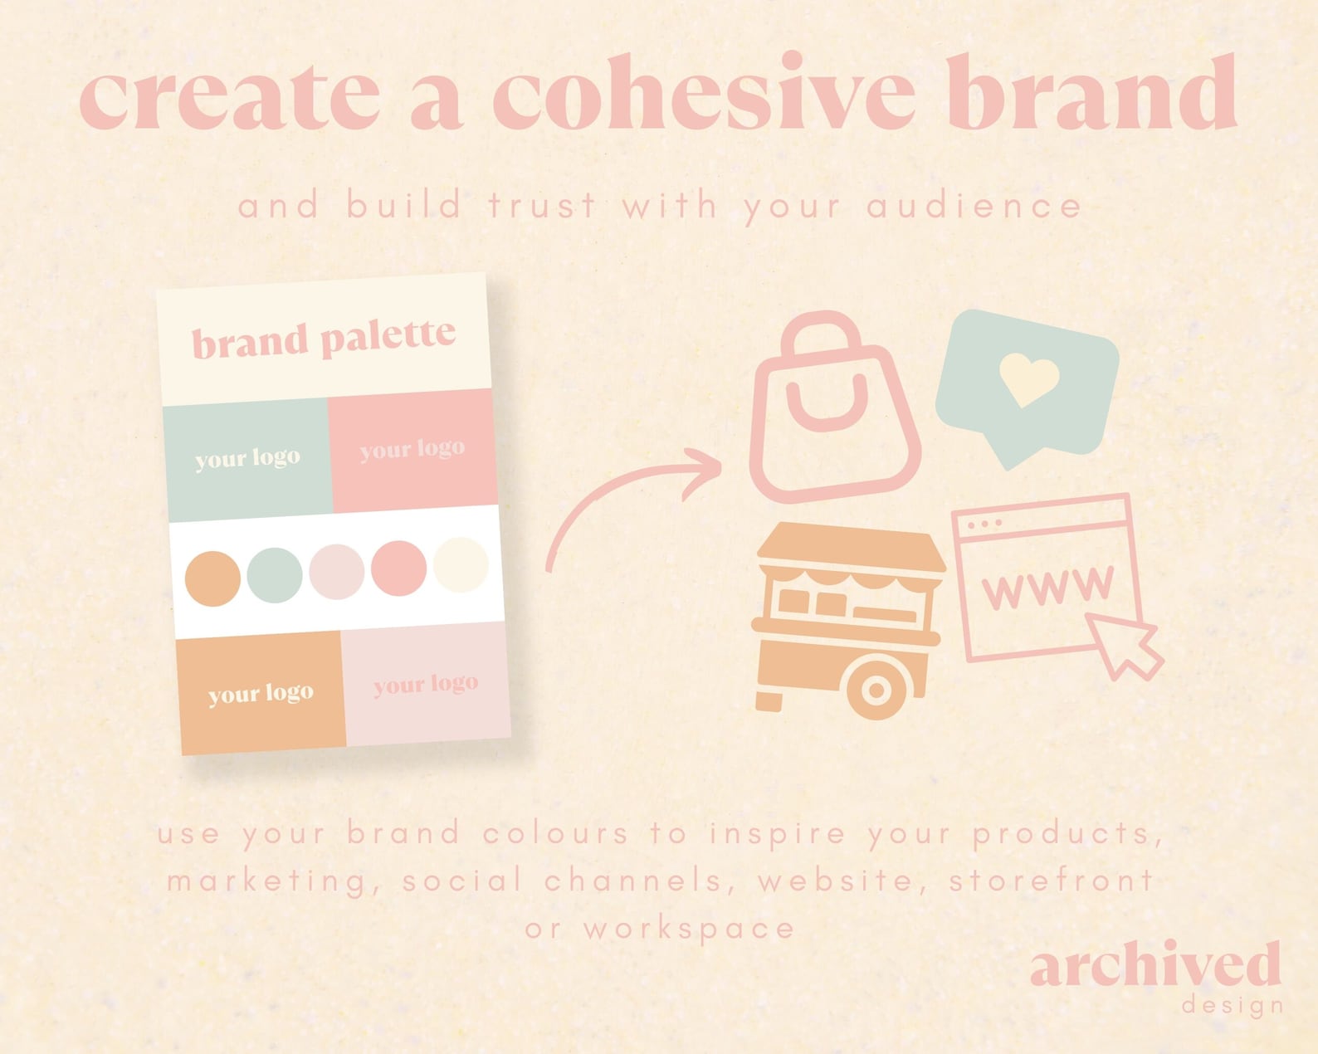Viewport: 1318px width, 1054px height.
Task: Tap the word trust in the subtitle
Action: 542,206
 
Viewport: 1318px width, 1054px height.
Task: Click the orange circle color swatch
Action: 212,578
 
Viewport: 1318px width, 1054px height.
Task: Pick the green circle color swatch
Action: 275,574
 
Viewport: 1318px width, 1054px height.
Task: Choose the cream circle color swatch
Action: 461,565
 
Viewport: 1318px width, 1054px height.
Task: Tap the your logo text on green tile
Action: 247,458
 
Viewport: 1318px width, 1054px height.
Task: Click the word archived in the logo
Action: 1154,964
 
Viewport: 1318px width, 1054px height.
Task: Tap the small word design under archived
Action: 1232,1006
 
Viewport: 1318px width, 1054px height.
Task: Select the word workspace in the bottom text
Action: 689,929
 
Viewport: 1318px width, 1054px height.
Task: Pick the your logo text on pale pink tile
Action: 425,685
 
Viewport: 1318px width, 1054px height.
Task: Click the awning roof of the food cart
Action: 851,553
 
